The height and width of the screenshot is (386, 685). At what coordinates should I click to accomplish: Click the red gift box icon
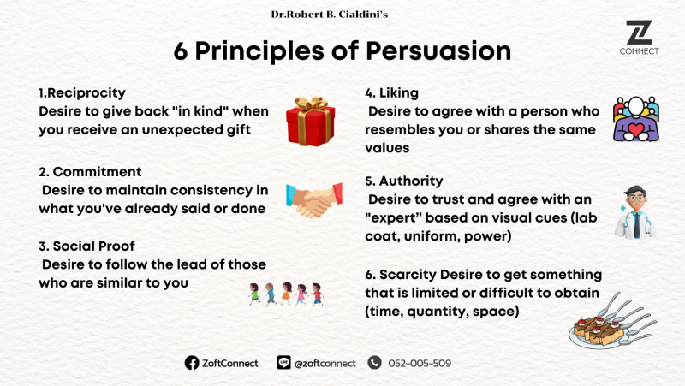311,122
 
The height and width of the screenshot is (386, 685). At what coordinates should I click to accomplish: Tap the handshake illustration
314,200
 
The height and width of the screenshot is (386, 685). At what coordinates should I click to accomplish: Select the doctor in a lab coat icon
636,212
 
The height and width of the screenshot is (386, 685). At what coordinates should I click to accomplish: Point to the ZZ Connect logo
639,38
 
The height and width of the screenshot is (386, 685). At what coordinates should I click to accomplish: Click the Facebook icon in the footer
191,363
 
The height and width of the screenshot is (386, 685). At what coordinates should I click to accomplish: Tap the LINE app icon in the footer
283,362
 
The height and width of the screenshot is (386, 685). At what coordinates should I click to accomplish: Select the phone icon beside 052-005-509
374,362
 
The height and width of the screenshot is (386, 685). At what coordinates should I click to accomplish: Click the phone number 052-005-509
420,363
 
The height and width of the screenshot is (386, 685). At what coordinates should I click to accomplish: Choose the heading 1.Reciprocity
82,93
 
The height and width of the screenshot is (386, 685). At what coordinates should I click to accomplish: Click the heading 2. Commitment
90,172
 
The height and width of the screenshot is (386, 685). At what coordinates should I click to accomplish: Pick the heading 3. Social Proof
86,246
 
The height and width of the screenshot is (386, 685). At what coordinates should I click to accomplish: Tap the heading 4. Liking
391,93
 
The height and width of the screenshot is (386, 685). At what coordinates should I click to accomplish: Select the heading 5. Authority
404,181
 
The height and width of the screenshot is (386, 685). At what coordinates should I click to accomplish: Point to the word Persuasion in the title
438,51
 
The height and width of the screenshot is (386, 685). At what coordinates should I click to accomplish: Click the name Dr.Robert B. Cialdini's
330,15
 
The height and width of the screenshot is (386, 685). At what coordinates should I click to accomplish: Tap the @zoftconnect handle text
325,363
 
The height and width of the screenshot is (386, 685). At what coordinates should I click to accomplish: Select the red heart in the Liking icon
636,130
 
